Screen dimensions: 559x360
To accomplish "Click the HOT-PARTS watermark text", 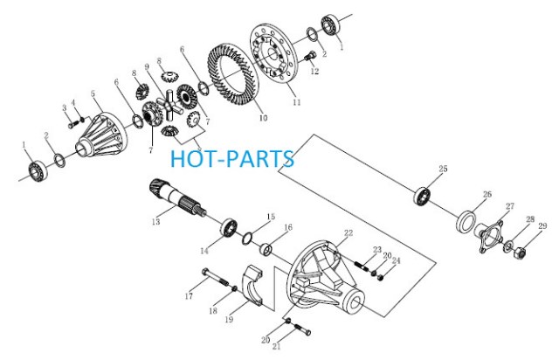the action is tap(232, 159).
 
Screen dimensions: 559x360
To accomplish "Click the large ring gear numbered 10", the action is tap(232, 74).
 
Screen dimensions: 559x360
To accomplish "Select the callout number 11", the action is tap(297, 102).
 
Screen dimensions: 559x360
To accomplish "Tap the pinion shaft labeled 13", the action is tap(176, 198).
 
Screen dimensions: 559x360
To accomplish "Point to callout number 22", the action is tap(349, 233).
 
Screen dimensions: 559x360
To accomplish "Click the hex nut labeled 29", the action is tap(521, 253).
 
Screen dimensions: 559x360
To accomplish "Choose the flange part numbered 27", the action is tap(489, 235).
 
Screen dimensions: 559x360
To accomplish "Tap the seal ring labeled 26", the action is tap(466, 221).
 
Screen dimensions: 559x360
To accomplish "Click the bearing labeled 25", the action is tap(423, 196).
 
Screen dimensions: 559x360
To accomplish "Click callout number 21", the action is tap(277, 346).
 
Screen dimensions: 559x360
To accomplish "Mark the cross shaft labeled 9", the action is tap(169, 105).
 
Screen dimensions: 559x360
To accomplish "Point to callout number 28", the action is tap(530, 219).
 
